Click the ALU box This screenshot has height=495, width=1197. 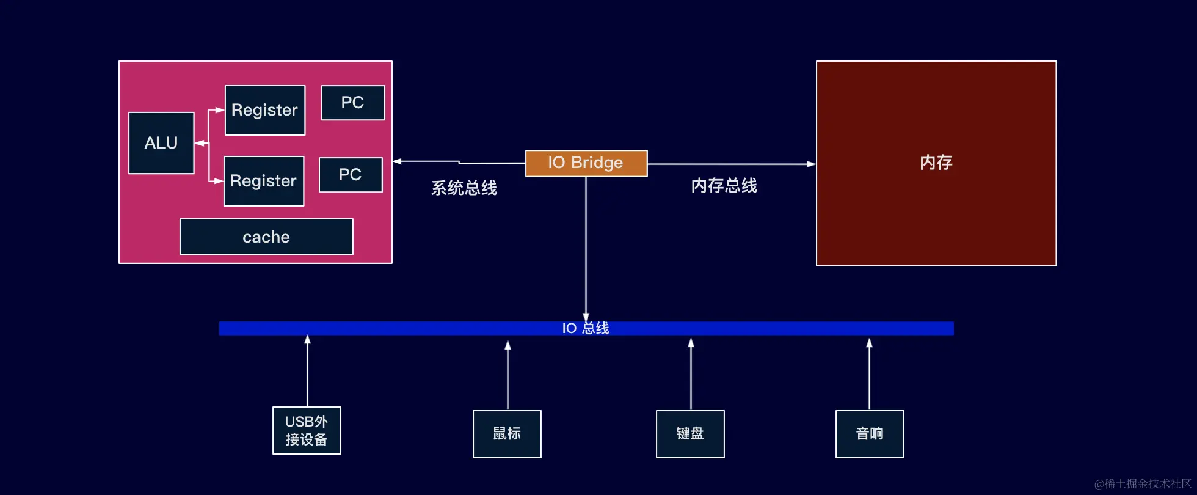[x=161, y=143]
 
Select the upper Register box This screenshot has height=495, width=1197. [x=264, y=110]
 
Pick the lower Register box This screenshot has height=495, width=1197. [x=263, y=181]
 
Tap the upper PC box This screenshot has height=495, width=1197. [x=352, y=103]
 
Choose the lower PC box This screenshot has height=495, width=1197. [x=350, y=175]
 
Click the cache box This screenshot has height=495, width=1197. [x=266, y=237]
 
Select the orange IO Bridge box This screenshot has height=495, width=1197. [x=586, y=163]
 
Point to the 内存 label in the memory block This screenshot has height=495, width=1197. [x=936, y=163]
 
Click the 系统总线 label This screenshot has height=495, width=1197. [x=464, y=188]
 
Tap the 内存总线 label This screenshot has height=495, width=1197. [x=724, y=186]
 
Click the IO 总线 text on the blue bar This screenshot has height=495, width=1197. [x=585, y=328]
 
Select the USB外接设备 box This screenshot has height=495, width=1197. [x=307, y=431]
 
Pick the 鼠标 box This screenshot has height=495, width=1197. [x=507, y=434]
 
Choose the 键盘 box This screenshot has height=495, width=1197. [x=690, y=434]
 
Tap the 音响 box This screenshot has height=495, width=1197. [x=870, y=434]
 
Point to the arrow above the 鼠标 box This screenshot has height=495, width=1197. [x=508, y=375]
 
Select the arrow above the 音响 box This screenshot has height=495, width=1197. [x=869, y=374]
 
